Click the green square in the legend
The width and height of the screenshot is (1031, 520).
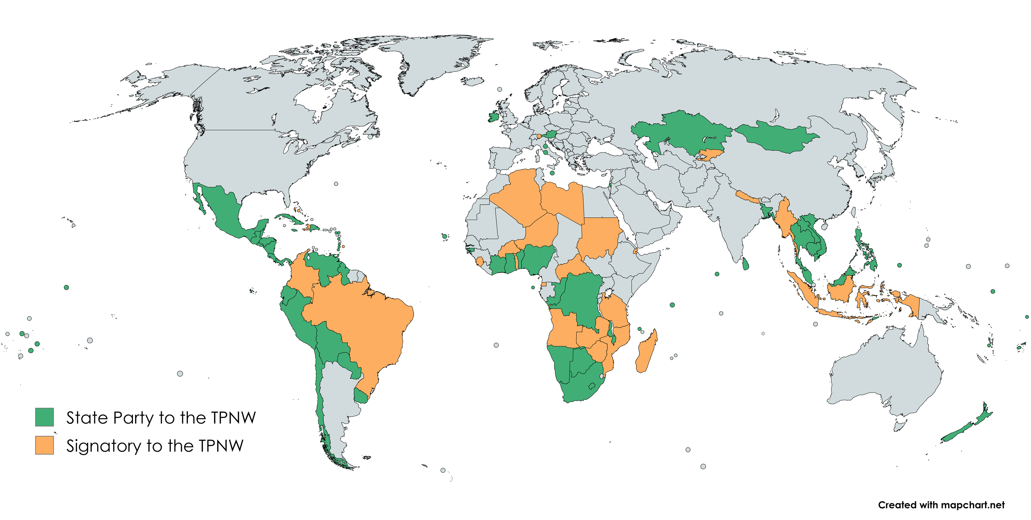(x=44, y=417)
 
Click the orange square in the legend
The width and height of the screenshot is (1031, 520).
(x=44, y=445)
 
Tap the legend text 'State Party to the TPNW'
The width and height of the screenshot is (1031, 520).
(x=160, y=418)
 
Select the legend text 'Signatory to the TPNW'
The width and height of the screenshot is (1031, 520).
(x=155, y=446)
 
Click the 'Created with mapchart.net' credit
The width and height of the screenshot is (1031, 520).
(x=941, y=505)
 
